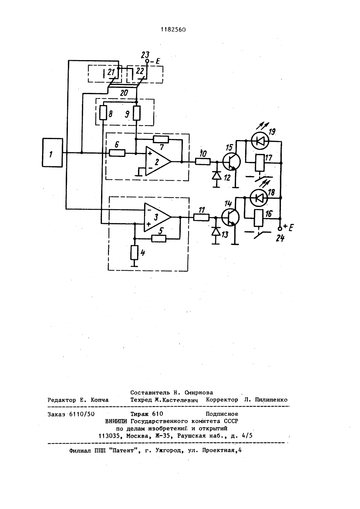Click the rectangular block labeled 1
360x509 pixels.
pos(52,153)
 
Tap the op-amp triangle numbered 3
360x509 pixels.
pos(157,217)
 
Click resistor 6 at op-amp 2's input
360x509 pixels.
pos(117,153)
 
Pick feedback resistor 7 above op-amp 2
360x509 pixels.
pos(161,139)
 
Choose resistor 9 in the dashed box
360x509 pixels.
pos(136,113)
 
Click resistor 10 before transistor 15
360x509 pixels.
pos(203,161)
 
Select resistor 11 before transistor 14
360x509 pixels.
pos(201,217)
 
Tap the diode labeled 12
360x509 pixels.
pos(216,175)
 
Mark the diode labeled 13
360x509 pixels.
pos(216,231)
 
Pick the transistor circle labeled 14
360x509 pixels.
pos(230,217)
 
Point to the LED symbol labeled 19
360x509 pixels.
pos(260,141)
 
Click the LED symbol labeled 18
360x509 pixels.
pos(258,198)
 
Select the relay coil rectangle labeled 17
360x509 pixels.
pos(260,163)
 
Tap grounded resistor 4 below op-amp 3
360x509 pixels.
pos(134,253)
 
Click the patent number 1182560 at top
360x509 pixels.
pos(173,30)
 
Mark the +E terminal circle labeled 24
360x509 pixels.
pos(280,229)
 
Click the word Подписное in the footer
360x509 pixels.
pos(222,414)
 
